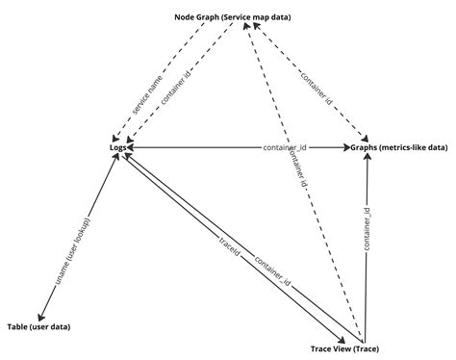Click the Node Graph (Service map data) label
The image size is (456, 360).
pos(233,16)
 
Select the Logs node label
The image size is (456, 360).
pos(118,147)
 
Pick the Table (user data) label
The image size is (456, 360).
pos(40,328)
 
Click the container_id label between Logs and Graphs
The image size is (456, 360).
pos(284,147)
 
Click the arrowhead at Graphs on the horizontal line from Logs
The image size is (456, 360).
pos(348,147)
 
